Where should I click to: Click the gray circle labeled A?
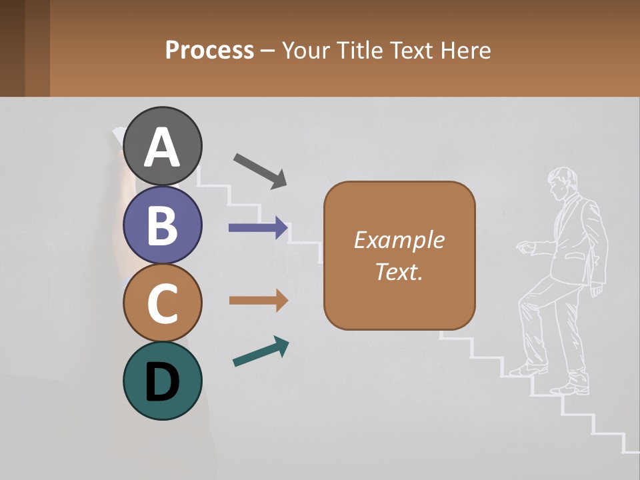tap(162, 146)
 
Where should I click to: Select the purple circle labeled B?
tap(162, 225)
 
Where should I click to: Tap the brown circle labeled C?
tap(162, 303)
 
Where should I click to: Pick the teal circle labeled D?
tap(162, 381)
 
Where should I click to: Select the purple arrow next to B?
tap(258, 228)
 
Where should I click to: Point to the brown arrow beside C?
tap(258, 301)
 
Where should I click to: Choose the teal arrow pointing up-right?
tap(261, 351)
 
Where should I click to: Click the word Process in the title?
tap(209, 51)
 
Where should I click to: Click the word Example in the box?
tap(399, 240)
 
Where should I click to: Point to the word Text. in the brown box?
tap(399, 271)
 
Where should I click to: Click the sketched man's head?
tap(562, 181)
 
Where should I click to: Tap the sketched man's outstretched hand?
tap(526, 248)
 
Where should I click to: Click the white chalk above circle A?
tap(117, 135)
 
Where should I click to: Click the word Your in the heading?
tap(305, 51)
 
